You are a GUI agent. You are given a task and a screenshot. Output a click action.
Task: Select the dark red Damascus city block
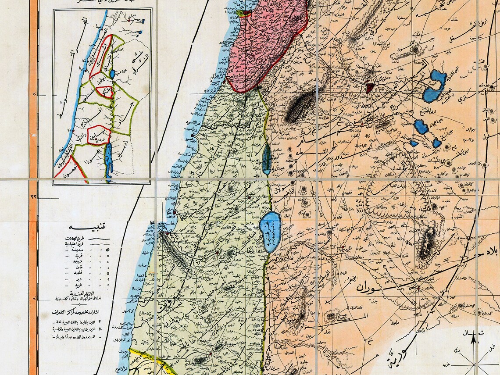[370, 88]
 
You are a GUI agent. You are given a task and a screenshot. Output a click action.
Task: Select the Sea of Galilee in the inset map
[113, 74]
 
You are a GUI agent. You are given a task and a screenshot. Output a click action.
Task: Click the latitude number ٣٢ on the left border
[34, 197]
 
